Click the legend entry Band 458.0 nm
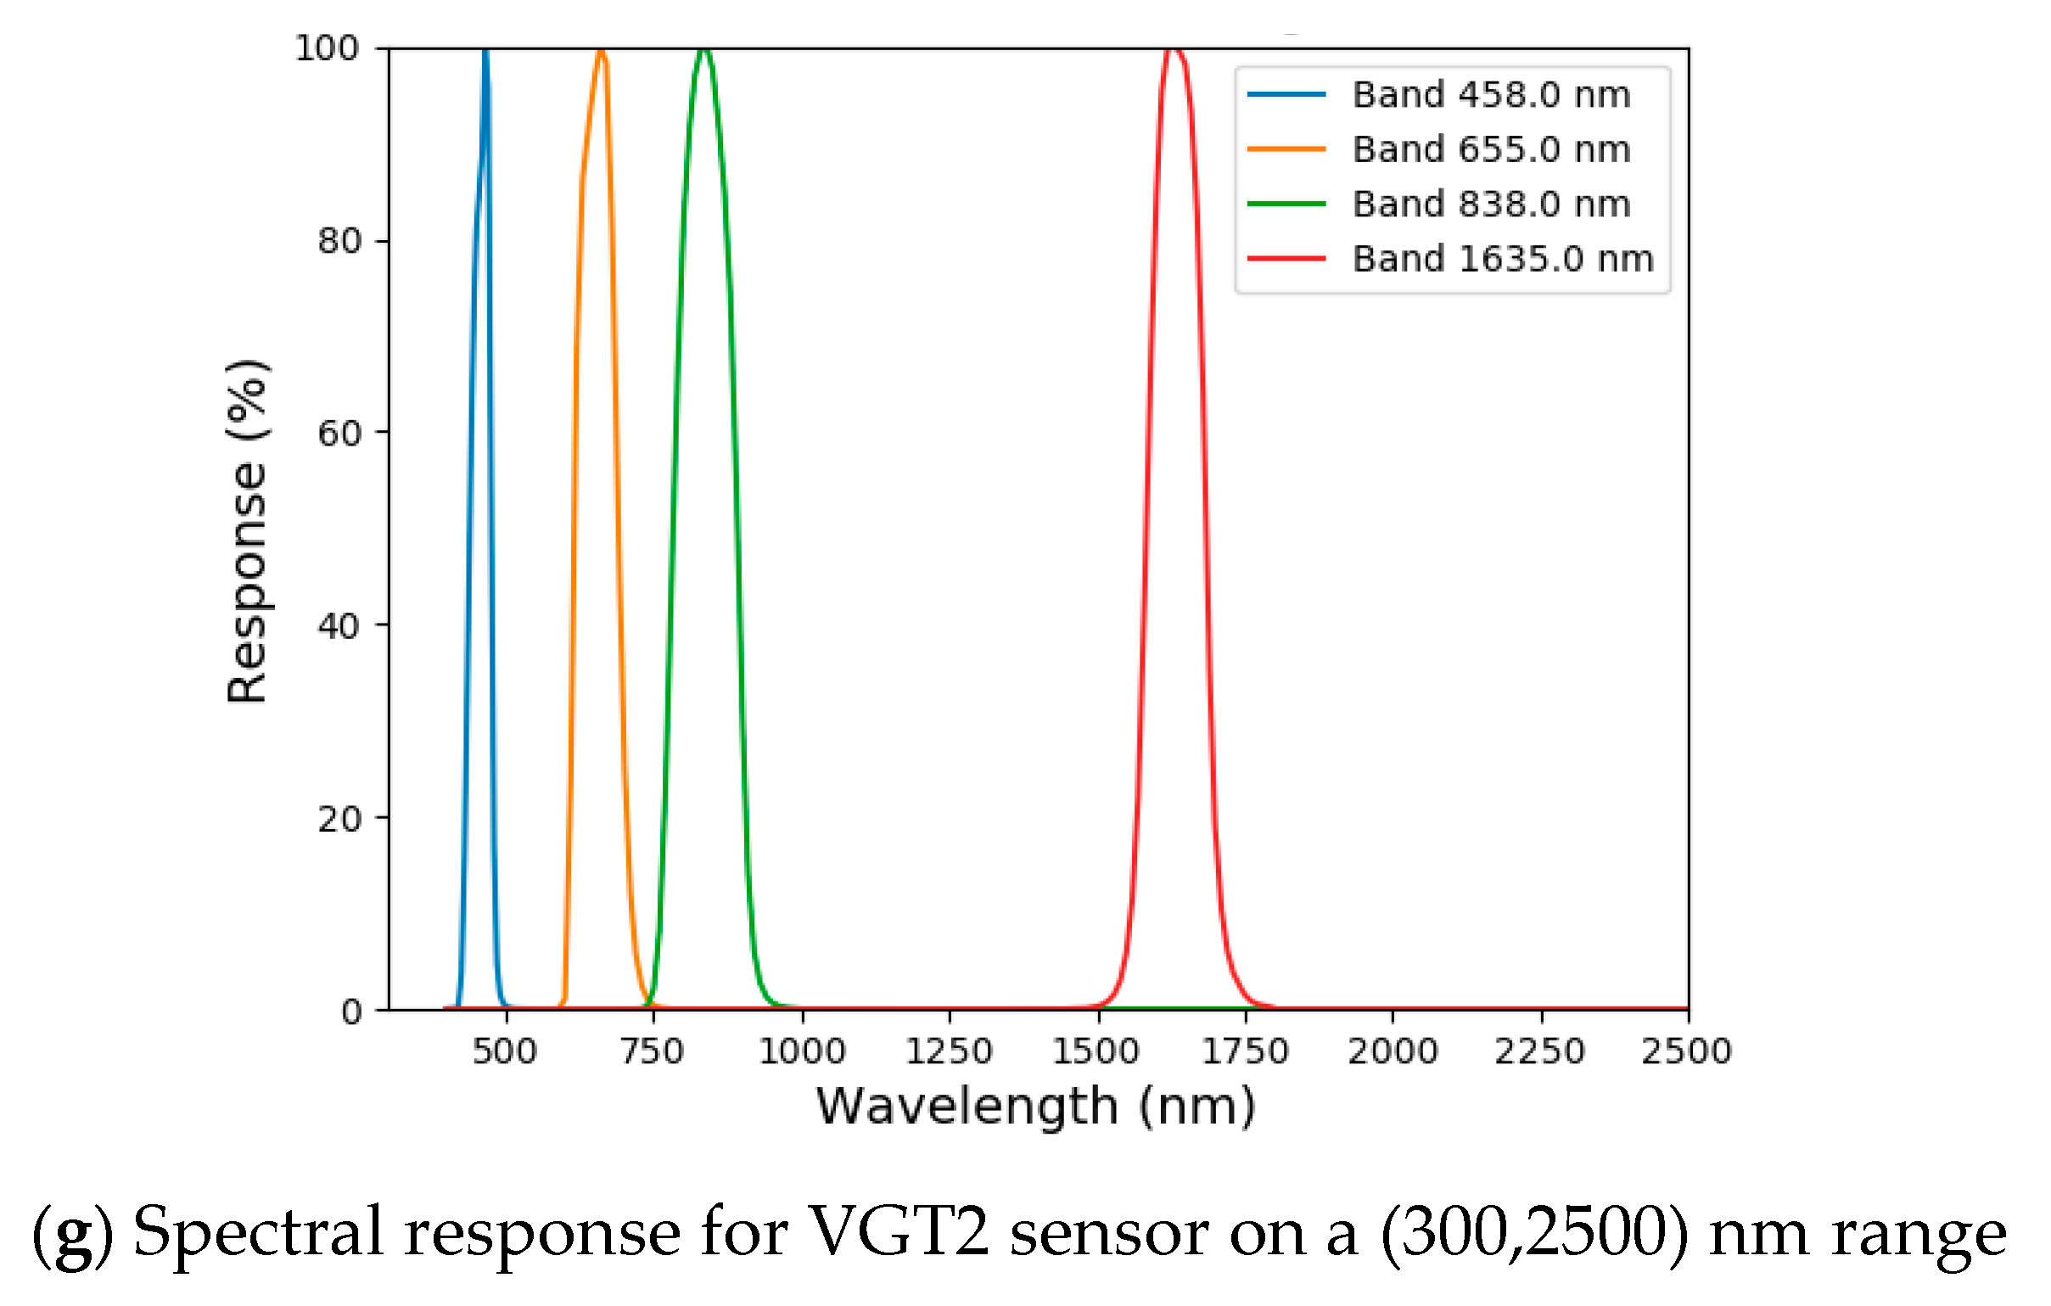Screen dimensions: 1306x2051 (1491, 94)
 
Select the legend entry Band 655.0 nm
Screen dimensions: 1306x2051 (1491, 149)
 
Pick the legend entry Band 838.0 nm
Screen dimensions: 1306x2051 (1491, 205)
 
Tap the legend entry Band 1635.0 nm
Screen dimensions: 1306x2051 (1503, 259)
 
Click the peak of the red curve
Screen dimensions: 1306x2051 (1174, 50)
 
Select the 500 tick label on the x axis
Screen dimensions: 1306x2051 (505, 1051)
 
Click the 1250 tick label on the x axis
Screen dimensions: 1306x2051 (949, 1051)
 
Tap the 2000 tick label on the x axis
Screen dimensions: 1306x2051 (1393, 1051)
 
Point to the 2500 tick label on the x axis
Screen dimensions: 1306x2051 (1686, 1051)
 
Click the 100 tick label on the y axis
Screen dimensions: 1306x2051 (327, 48)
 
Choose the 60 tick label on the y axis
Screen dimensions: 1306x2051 (339, 434)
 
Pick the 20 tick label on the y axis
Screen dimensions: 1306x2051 (339, 819)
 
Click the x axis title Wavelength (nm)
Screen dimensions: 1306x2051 (1036, 1107)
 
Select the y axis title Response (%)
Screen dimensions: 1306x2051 (247, 531)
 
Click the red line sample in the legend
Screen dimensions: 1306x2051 (1286, 258)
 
